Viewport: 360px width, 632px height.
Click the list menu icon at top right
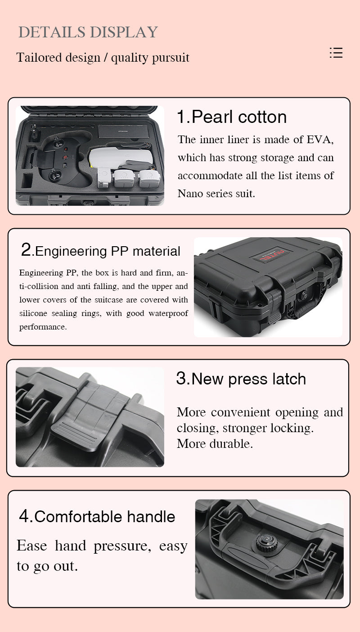(x=336, y=53)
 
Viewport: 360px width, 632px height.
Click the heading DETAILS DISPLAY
(x=88, y=32)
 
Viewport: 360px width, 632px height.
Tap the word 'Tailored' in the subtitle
(x=34, y=57)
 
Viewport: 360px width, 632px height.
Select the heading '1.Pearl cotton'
(x=232, y=117)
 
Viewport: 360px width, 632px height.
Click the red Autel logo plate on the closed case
(x=270, y=255)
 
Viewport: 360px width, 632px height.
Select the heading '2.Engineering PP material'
(x=100, y=251)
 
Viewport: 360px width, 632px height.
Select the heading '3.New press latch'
(x=241, y=379)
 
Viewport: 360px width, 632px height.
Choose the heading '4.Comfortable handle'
(x=97, y=516)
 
